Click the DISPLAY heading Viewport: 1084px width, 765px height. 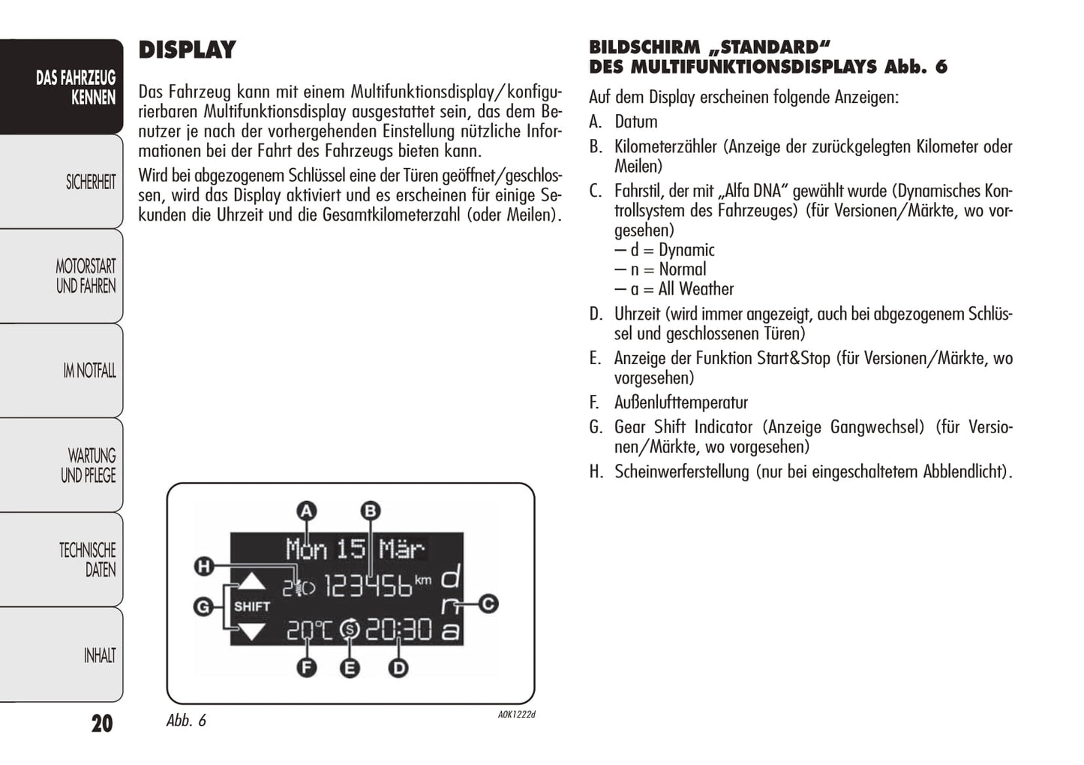187,50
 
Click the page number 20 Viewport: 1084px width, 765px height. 102,723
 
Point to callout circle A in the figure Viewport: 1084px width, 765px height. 306,512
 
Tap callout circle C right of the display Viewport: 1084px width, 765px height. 488,604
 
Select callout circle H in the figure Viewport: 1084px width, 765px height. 203,567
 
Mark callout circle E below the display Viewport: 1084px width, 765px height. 350,667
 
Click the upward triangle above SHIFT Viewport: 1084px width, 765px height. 251,582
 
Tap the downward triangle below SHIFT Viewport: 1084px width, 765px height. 251,631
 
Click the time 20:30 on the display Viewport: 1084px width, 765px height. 398,630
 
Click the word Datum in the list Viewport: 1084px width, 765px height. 635,122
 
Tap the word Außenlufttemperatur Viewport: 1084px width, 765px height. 680,402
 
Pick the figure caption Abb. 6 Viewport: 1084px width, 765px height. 186,721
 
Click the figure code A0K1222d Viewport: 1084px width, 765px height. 516,715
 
